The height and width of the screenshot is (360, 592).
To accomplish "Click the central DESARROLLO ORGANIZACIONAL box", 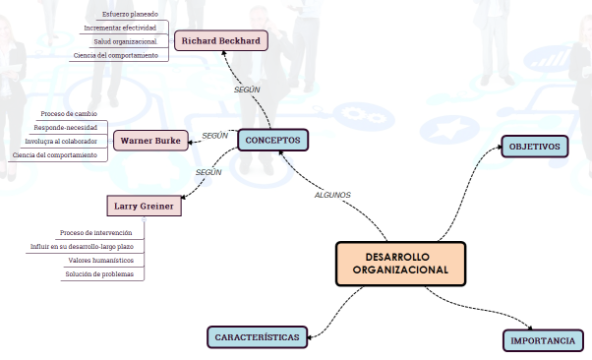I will coord(400,263).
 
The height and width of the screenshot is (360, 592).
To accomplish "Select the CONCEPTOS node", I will coord(272,140).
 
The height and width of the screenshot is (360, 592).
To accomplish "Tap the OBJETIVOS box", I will coord(534,147).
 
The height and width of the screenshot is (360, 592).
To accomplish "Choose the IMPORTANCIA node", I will coord(542,340).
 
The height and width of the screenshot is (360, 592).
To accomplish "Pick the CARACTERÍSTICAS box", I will coord(257,336).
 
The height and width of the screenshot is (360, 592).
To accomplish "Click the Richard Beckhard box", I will coord(220,41).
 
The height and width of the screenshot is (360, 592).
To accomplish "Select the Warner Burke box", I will coord(149,140).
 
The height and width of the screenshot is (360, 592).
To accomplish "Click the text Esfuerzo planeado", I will coord(130,14).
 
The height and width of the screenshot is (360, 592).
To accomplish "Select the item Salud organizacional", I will coord(126,41).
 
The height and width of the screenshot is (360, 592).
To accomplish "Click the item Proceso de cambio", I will coord(69,114).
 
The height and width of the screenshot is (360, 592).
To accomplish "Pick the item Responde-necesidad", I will coord(65,128).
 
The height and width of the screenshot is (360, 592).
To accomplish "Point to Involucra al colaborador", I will coord(61,142).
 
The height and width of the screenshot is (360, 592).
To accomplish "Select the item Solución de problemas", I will coord(98,273).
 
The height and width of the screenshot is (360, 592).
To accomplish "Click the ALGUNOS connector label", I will coord(332,195).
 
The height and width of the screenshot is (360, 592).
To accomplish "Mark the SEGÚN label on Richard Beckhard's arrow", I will coord(247,90).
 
